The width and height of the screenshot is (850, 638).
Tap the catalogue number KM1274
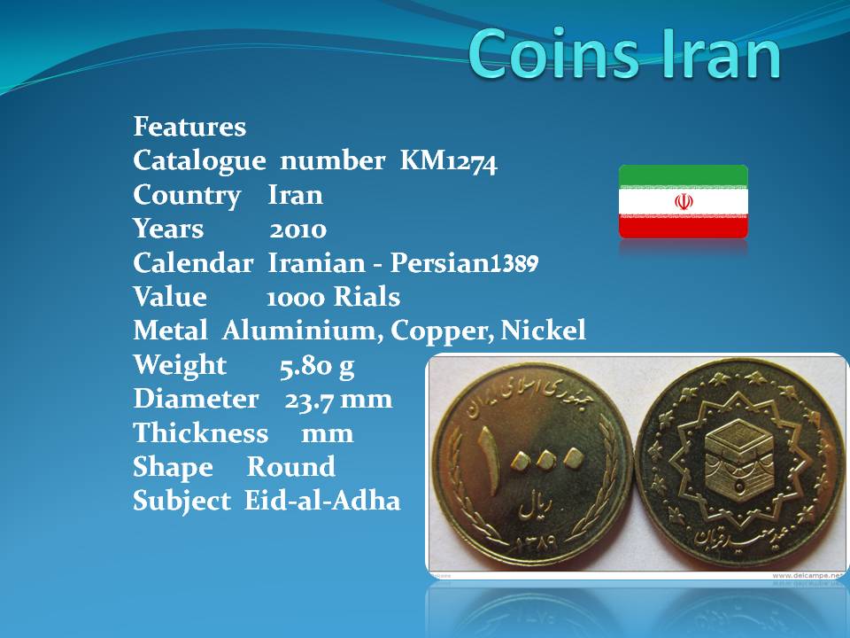coord(448,161)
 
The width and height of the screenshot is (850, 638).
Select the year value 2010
coord(298,230)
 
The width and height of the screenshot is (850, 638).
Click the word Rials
coord(367,297)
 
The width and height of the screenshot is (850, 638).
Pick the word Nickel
coord(543,330)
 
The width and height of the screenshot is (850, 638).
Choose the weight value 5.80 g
coord(317,366)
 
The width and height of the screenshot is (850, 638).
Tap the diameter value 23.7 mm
coord(338,401)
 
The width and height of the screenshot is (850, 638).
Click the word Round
coord(291,467)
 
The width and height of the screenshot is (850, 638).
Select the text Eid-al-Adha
coord(322,500)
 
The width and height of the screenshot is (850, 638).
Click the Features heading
coord(189,127)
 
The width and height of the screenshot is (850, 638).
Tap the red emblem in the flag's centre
coord(684,202)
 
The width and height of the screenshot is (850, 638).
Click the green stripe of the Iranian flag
coord(684,175)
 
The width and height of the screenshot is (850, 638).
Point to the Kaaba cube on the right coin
coord(738,455)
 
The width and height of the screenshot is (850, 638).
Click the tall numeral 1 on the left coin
coord(489,461)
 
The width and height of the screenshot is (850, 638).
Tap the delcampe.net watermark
coord(807,576)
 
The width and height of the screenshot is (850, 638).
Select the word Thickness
coord(201,433)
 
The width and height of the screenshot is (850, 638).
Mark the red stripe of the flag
coord(684,228)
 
